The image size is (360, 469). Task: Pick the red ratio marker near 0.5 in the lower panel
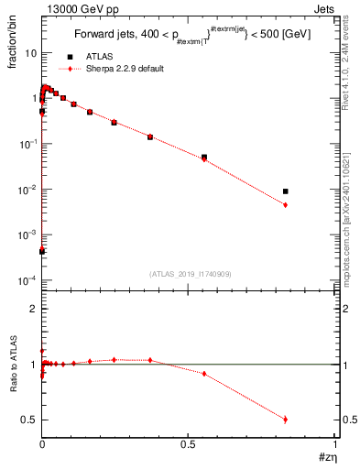pyautogui.click(x=286, y=420)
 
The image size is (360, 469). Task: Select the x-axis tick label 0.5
pyautogui.click(x=189, y=444)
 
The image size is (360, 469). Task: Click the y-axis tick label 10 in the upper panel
pyautogui.click(x=30, y=53)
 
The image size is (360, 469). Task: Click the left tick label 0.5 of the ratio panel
pyautogui.click(x=29, y=420)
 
